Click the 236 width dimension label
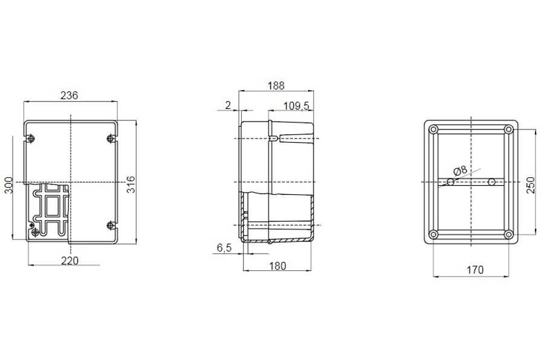[70, 95]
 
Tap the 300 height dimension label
[8, 185]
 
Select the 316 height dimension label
[131, 185]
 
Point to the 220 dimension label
[70, 261]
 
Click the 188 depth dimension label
[276, 85]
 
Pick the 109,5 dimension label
[297, 106]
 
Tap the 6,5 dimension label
[224, 248]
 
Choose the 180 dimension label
[277, 266]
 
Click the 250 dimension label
[531, 185]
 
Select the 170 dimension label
[475, 270]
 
